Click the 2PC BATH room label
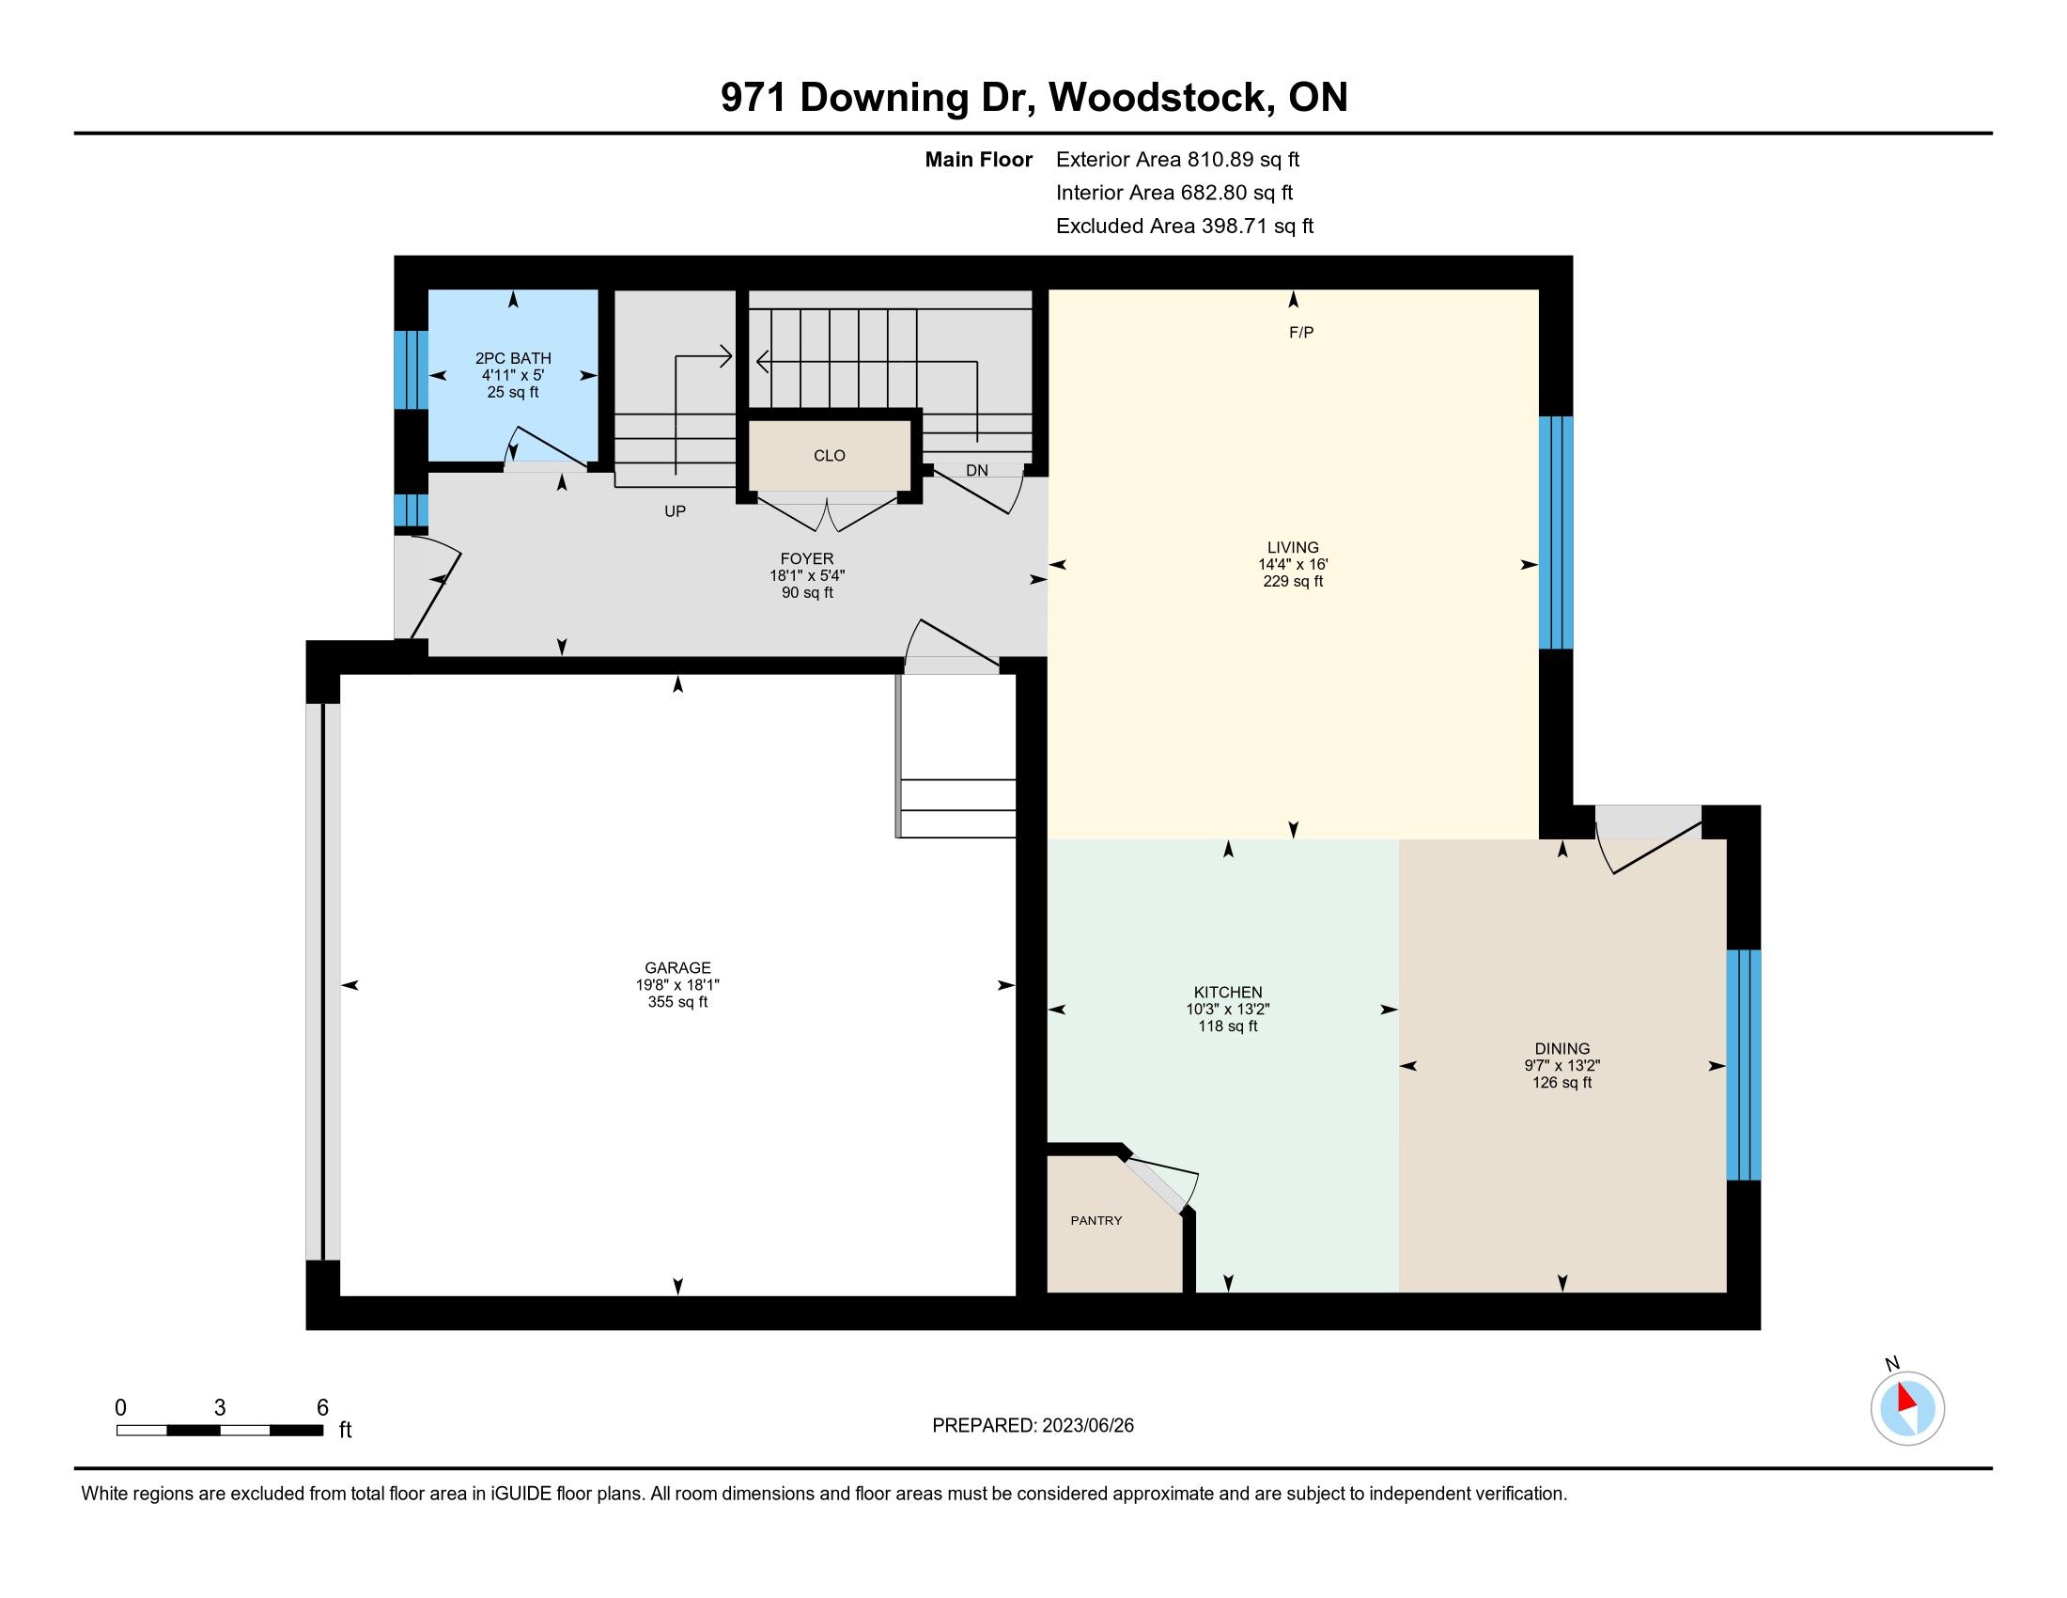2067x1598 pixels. pos(513,358)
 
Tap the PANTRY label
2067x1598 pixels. pos(1096,1220)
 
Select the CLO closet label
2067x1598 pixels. pos(829,455)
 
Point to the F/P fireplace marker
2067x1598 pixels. pos(1301,332)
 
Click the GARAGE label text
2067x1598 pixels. pos(677,967)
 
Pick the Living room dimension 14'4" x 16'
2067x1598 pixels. pos(1293,564)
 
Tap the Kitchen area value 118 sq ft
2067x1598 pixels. pos(1228,1026)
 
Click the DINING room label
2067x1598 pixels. pos(1562,1048)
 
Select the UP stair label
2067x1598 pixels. pos(675,511)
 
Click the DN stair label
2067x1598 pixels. pos(977,471)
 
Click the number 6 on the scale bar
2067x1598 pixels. pos(321,1408)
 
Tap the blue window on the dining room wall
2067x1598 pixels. pos(1743,1065)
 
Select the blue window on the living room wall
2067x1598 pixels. pos(1556,533)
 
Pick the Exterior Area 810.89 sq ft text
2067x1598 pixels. pos(1178,159)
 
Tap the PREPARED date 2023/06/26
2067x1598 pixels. pos(1087,1426)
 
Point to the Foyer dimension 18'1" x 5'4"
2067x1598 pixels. pos(807,575)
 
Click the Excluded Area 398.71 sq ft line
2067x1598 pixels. pos(1185,226)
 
